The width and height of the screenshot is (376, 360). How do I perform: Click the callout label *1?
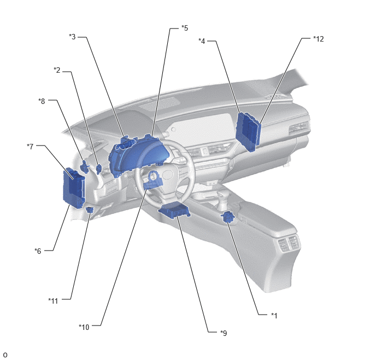(x=274, y=315)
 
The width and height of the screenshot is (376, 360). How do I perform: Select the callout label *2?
(x=57, y=70)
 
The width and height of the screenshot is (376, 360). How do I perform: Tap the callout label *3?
(x=72, y=37)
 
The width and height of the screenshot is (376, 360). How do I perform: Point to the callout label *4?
(x=202, y=41)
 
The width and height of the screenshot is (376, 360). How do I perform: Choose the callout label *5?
(x=185, y=28)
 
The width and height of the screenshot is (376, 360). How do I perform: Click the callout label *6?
(x=38, y=251)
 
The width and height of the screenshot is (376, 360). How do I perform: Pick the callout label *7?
(x=30, y=146)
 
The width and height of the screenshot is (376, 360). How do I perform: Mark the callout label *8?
(x=42, y=101)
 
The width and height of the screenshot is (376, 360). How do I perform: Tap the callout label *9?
(x=224, y=333)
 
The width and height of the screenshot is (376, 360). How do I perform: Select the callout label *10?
(x=84, y=327)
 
